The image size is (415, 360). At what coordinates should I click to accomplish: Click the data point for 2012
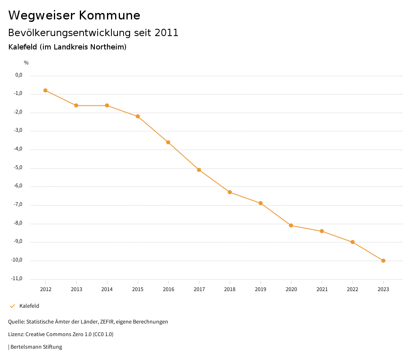point(45,90)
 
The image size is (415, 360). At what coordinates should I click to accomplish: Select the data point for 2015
point(138,116)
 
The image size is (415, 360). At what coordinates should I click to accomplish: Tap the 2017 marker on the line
point(199,170)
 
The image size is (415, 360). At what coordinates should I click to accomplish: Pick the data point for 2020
point(291,225)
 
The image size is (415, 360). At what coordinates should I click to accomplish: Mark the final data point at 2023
point(383,261)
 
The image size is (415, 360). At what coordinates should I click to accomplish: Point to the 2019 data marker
point(261,203)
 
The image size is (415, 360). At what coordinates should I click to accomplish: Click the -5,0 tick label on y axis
point(19,167)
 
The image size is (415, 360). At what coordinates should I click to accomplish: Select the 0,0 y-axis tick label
point(19,75)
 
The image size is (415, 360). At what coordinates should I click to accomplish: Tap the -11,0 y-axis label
point(17,279)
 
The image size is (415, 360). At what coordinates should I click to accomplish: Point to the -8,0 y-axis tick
point(19,223)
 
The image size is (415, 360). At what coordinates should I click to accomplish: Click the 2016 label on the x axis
point(169,289)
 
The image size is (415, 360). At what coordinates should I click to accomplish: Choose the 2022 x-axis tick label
point(353,289)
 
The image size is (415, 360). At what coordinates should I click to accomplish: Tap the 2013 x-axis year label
point(76,289)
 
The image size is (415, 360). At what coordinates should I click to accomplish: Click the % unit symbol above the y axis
point(26,63)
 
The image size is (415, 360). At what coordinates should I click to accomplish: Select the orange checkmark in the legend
point(12,306)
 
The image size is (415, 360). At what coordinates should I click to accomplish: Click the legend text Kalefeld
point(29,306)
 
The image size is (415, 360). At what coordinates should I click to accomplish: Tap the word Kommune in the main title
point(110,15)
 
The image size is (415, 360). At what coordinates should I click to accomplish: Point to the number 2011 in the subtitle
point(167,33)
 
